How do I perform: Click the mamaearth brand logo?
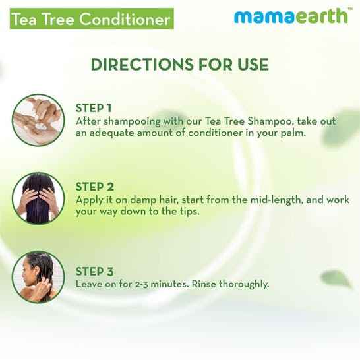tap(291, 15)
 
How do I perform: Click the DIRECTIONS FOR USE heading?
tap(179, 65)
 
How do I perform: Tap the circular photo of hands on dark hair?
tap(38, 198)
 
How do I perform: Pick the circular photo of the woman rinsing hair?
tap(38, 278)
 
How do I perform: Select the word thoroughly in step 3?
tap(245, 284)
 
